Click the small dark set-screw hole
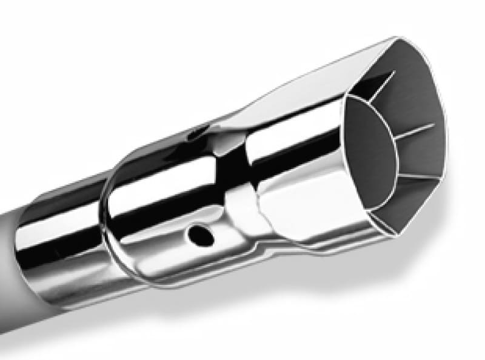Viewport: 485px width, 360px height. pyautogui.click(x=198, y=233)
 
